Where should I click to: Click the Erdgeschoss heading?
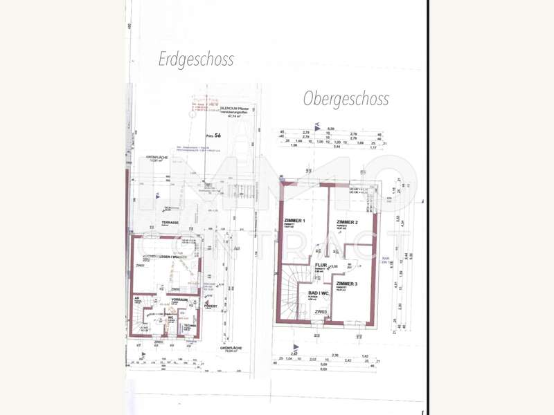(x=196, y=59)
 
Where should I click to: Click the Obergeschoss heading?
(x=346, y=99)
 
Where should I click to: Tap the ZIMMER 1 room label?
(x=294, y=221)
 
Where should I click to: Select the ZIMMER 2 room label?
(x=347, y=221)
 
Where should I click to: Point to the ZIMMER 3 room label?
(x=347, y=284)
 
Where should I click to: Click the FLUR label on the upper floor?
(x=321, y=264)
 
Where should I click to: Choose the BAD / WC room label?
(x=318, y=293)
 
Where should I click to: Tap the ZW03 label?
(x=320, y=312)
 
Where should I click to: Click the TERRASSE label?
(x=170, y=222)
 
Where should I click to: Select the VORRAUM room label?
(x=181, y=300)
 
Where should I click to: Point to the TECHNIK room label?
(x=188, y=324)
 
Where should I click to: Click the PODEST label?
(x=211, y=305)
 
